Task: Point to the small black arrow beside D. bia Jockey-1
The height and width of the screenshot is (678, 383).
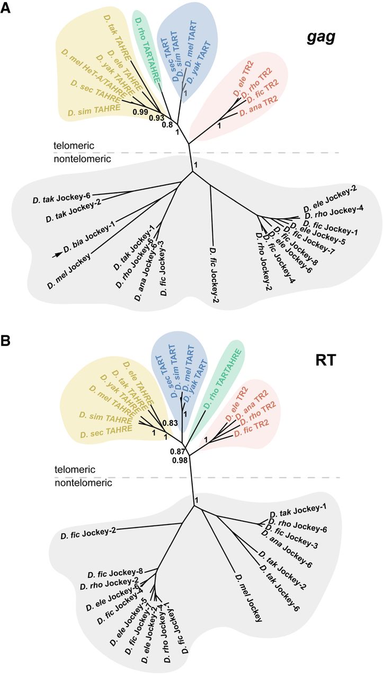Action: tap(56, 254)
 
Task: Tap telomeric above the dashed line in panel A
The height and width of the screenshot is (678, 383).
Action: tap(72, 145)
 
